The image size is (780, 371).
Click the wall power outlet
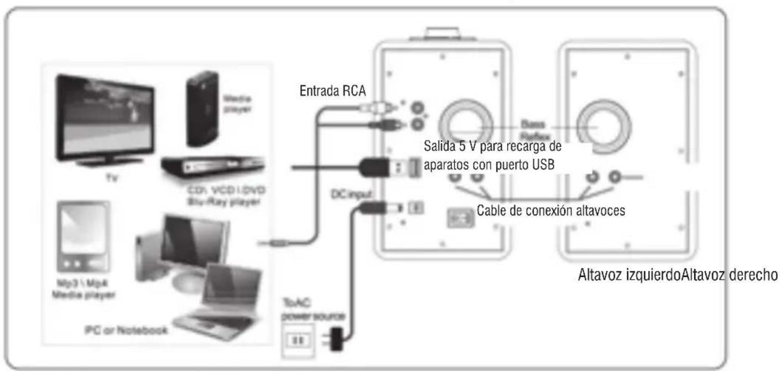(x=292, y=338)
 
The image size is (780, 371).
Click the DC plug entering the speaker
(x=387, y=208)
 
